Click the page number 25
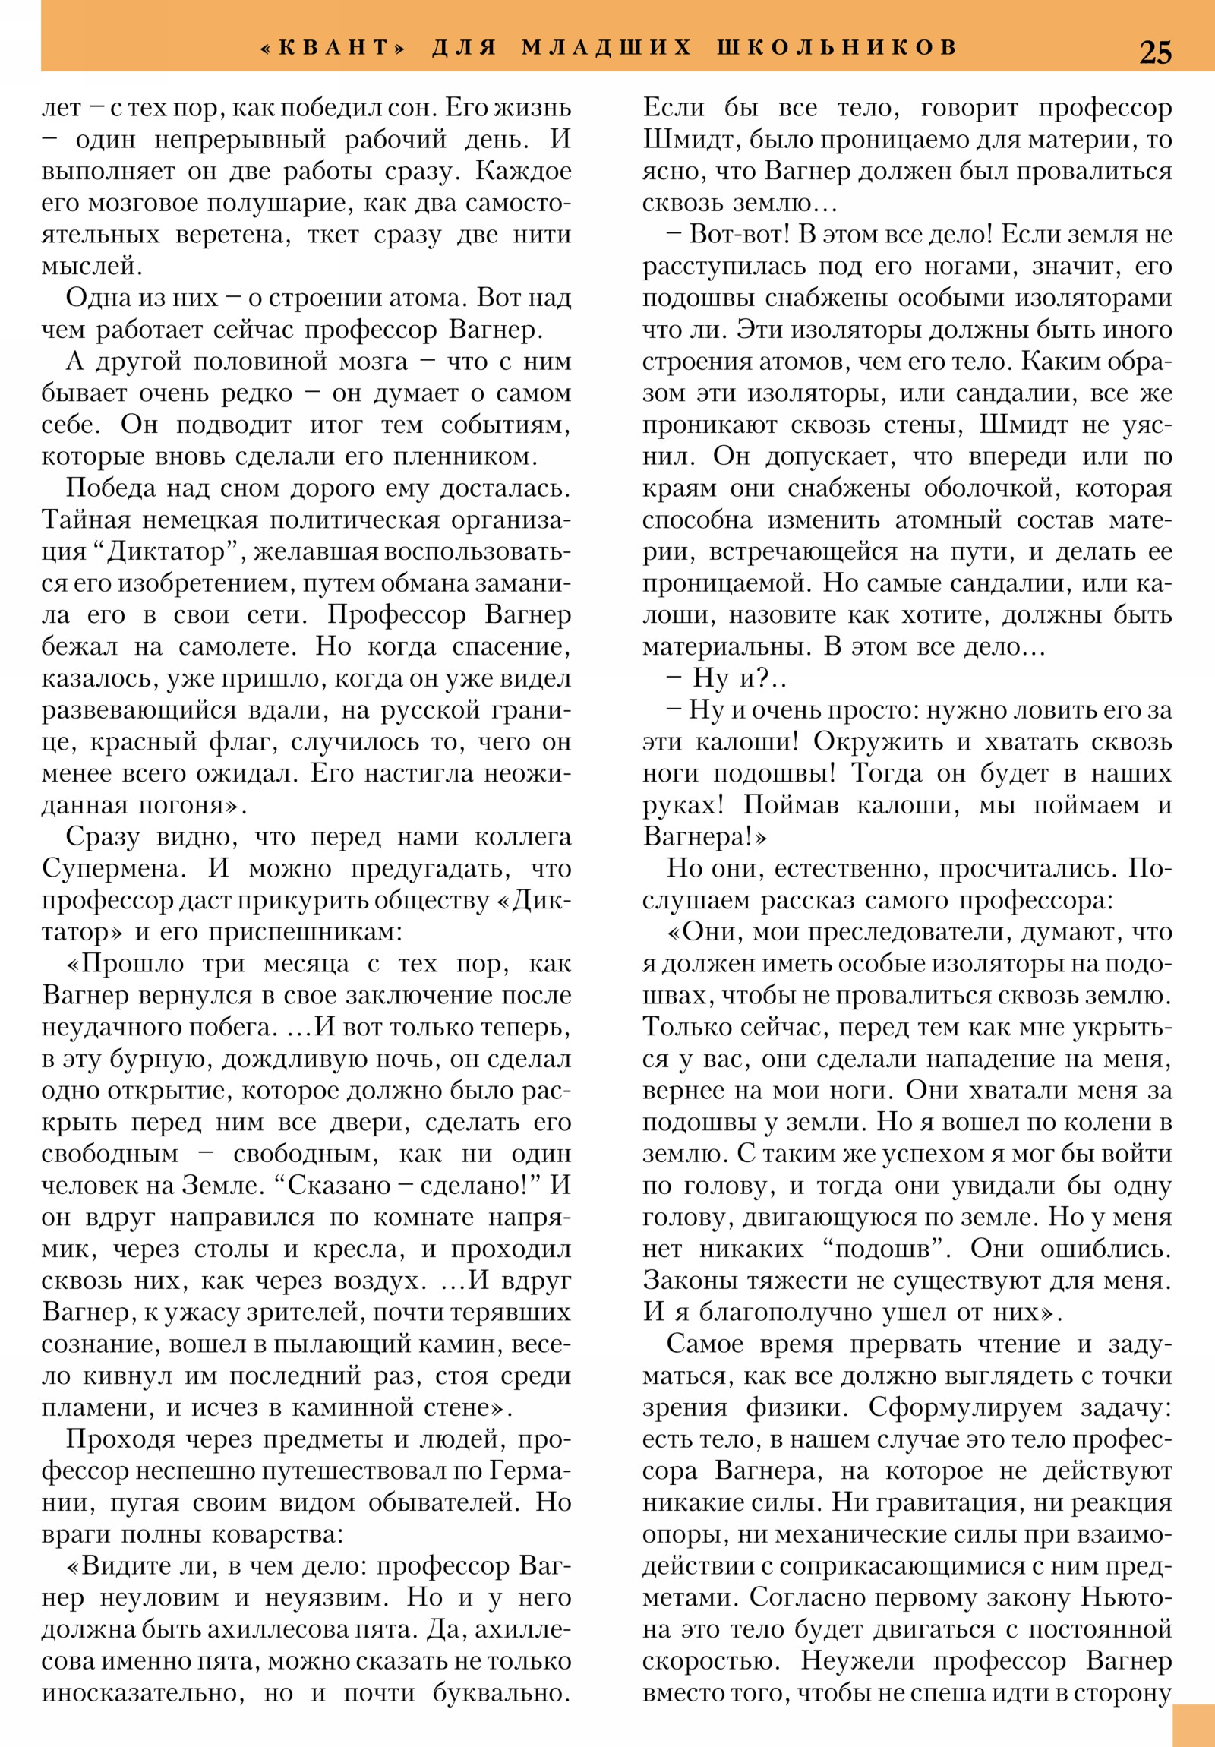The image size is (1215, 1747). tap(1155, 52)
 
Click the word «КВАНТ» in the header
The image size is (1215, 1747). tap(333, 47)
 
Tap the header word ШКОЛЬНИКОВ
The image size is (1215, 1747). tap(836, 47)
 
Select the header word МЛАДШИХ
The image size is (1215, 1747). tap(606, 47)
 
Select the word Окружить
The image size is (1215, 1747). tap(876, 741)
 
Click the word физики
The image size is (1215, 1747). tap(797, 1407)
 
